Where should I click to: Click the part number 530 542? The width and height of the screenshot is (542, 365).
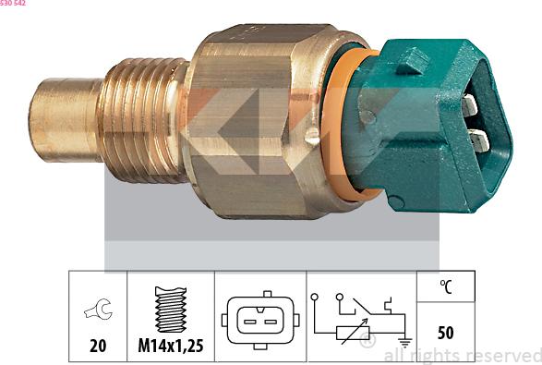[13, 4]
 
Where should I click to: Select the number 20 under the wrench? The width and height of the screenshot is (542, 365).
[96, 347]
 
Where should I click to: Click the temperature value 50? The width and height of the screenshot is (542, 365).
[446, 332]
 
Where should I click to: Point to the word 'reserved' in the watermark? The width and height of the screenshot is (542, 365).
[503, 355]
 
